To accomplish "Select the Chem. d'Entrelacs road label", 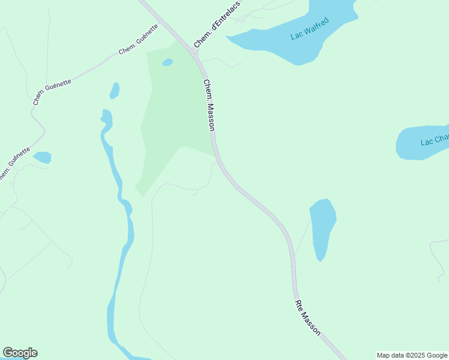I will pos(217,25).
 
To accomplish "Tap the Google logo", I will pos(20,353).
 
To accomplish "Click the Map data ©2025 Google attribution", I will pos(412,355).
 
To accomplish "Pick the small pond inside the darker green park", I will pos(167,62).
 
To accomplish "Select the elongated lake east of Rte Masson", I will pos(322,228).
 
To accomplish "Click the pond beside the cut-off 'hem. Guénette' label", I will pos(42,157).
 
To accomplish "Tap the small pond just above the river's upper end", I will pos(114,91).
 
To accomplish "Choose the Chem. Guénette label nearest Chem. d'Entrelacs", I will pos(138,40).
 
